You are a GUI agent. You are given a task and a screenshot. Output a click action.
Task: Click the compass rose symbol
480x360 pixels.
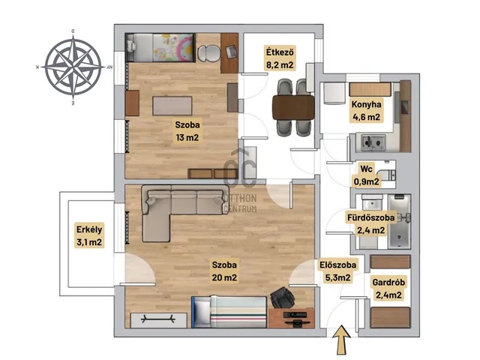[x=73, y=67]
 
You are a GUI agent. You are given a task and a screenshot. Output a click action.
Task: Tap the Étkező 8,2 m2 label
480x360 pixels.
[x=280, y=58]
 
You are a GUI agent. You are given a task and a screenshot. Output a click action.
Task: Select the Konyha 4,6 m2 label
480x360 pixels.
[x=366, y=110]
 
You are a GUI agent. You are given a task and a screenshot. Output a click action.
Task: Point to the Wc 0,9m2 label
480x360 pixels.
[x=367, y=175]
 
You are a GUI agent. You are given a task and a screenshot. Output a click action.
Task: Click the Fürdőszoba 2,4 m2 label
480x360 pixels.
[x=370, y=223]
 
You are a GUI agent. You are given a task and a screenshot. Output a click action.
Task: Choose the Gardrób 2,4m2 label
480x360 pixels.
[x=388, y=288]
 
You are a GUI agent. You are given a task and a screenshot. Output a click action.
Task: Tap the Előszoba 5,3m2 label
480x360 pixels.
[x=338, y=271]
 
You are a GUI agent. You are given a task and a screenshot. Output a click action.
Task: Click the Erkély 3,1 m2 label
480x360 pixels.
[x=89, y=235]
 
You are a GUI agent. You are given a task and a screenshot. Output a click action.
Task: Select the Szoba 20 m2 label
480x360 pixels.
[x=224, y=271]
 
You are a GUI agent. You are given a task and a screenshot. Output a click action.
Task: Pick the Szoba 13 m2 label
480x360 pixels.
[x=187, y=131]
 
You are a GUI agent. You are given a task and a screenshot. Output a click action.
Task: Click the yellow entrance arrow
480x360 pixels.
[x=341, y=340]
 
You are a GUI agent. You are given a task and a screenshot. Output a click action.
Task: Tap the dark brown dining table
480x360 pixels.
[x=293, y=107]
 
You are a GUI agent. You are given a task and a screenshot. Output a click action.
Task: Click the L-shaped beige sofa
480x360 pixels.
[x=184, y=211]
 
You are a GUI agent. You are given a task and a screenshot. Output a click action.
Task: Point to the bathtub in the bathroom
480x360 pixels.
[x=399, y=221]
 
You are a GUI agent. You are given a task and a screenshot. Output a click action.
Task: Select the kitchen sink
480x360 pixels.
[x=373, y=142]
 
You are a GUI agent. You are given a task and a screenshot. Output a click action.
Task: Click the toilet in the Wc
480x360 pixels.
[x=387, y=175]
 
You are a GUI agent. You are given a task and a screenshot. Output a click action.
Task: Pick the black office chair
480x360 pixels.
[x=282, y=297]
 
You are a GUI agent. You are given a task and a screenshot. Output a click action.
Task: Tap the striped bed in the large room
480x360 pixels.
[x=229, y=312]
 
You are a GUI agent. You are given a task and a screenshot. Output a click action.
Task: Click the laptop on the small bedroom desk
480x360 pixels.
[x=231, y=51]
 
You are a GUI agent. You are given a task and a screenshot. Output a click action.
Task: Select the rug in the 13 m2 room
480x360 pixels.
[x=172, y=106]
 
